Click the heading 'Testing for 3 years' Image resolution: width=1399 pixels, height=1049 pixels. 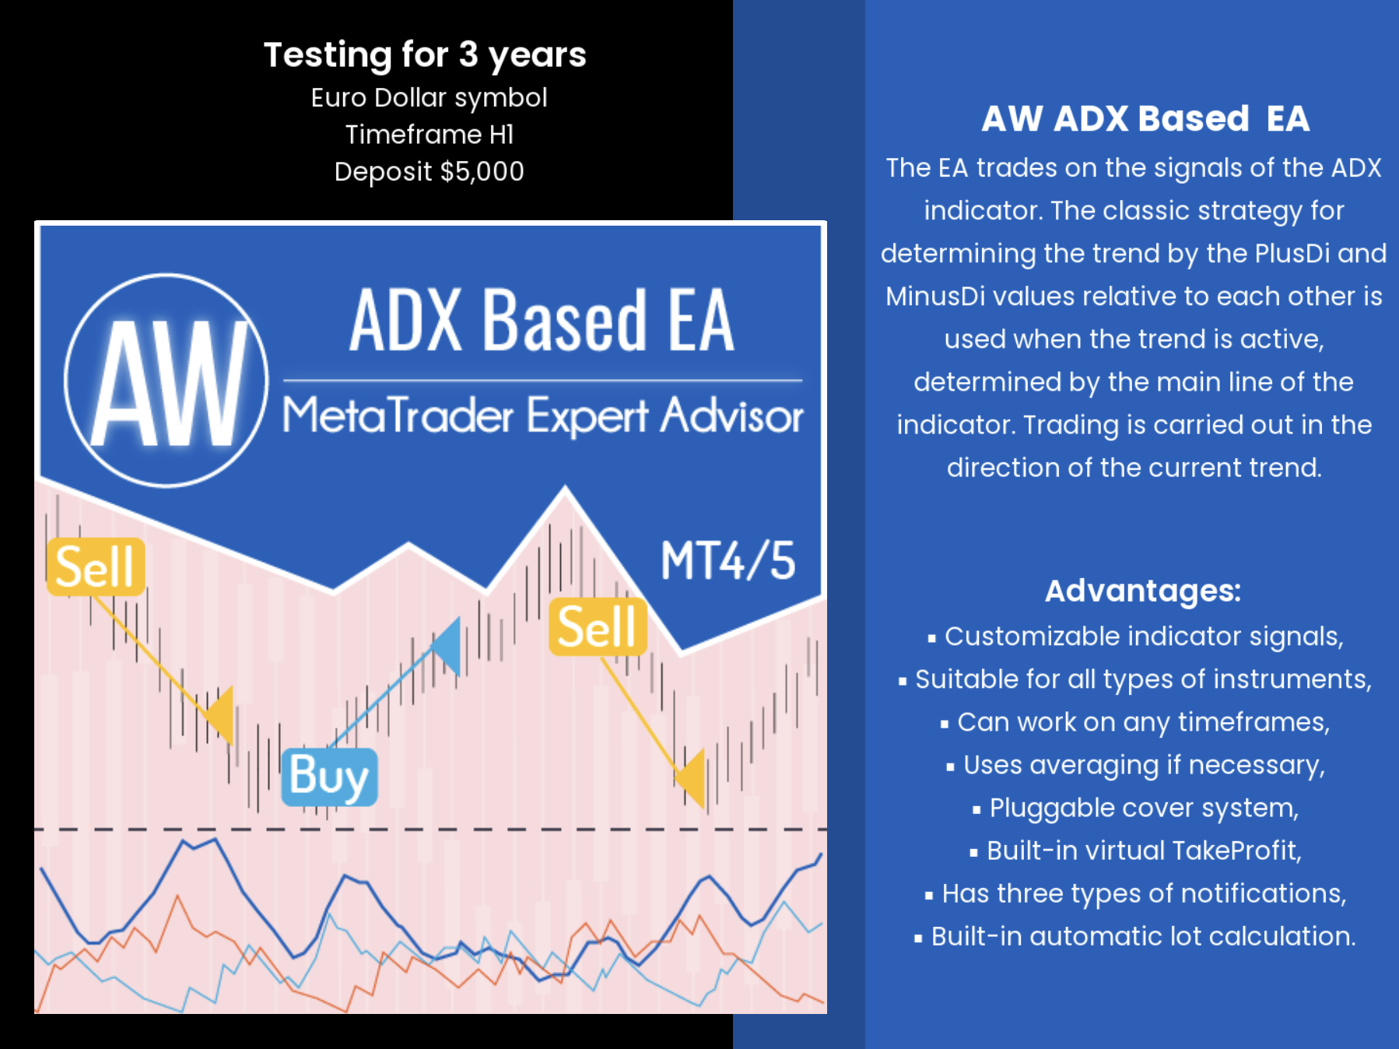[425, 55]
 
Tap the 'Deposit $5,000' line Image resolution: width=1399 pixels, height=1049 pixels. [430, 171]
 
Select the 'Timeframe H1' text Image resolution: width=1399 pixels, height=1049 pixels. [430, 135]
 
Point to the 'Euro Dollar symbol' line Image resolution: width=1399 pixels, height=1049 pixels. [430, 98]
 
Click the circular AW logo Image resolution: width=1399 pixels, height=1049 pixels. [167, 381]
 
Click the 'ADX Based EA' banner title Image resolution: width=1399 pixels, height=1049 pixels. [542, 320]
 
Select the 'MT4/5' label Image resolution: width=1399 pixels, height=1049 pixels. [728, 560]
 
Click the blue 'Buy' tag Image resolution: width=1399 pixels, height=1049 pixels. [329, 777]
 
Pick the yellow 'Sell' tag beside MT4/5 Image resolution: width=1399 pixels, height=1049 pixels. [598, 626]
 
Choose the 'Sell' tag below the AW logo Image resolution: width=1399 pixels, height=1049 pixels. [96, 567]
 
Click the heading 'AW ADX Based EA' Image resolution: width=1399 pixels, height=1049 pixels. [1145, 119]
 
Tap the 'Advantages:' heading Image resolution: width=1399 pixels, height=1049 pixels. [1143, 591]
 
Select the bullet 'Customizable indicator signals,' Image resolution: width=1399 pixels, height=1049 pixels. [1136, 637]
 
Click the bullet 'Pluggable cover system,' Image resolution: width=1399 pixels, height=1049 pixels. [1136, 808]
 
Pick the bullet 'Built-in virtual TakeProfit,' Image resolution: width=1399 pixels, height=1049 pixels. [1136, 851]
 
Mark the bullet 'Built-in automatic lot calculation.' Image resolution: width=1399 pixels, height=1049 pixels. [1136, 936]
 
